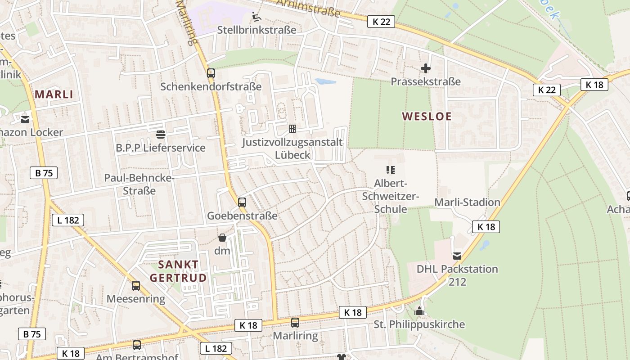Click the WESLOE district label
(x=427, y=116)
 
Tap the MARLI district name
(x=54, y=94)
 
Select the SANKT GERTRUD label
(x=178, y=271)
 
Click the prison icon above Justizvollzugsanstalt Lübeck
(x=292, y=129)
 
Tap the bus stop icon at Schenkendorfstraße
(x=211, y=73)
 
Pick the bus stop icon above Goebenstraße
(x=242, y=202)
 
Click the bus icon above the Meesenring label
(x=136, y=285)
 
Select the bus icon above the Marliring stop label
(x=295, y=322)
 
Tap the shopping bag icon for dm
(x=222, y=238)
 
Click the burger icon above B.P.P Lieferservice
(x=161, y=134)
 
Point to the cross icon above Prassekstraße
(x=426, y=68)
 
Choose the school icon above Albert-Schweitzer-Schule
(x=391, y=170)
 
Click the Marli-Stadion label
(x=467, y=202)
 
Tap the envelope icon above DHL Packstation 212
(x=457, y=256)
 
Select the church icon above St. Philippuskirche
(x=419, y=311)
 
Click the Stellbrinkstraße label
(x=256, y=30)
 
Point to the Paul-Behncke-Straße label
(x=139, y=184)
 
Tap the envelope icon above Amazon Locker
(x=25, y=119)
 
